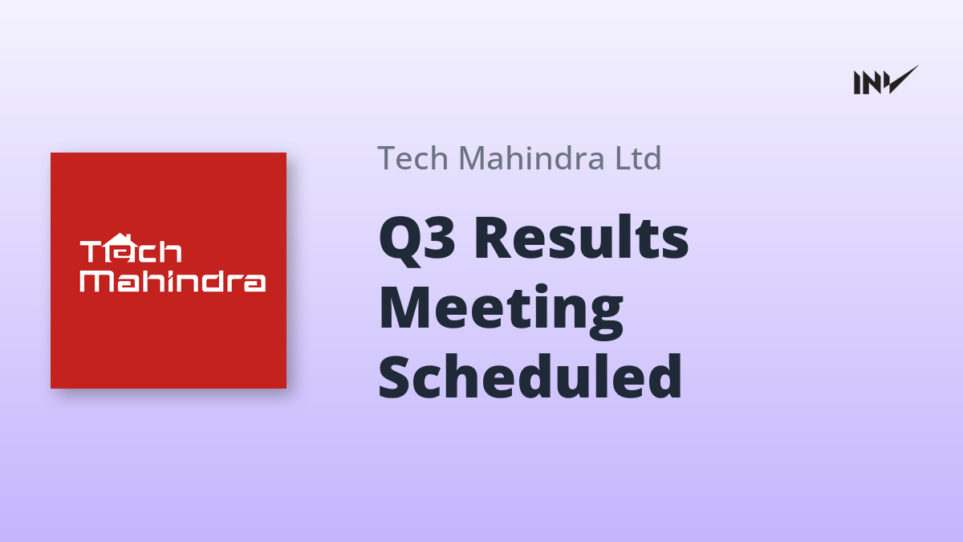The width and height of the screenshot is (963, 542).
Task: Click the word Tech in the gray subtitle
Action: click(413, 158)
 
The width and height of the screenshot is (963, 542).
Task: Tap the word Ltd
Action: click(638, 157)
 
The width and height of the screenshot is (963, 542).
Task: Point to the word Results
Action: click(582, 237)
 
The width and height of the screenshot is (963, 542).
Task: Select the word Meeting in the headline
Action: click(501, 312)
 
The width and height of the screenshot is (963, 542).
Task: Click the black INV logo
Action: click(886, 80)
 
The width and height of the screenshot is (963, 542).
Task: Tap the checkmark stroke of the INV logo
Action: click(902, 79)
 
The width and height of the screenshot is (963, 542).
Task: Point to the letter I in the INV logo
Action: click(856, 83)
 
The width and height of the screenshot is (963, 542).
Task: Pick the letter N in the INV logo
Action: click(871, 83)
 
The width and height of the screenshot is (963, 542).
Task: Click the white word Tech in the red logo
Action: click(131, 249)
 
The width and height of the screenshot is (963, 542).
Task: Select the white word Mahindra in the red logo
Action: click(173, 281)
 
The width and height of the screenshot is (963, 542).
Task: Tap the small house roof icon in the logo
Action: click(120, 239)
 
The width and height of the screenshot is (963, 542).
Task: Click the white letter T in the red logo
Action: click(91, 251)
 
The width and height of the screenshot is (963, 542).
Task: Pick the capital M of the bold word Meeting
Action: click(405, 308)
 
